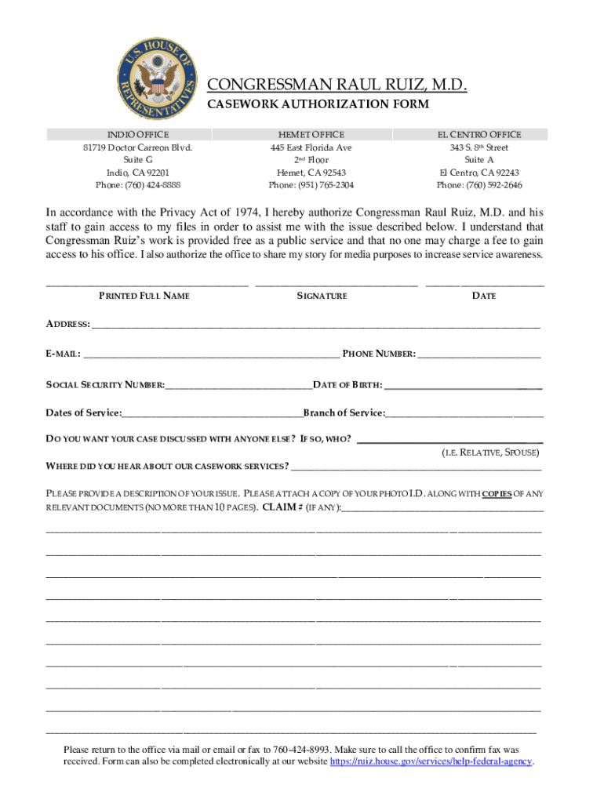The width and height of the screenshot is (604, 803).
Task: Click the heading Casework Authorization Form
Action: pyautogui.click(x=318, y=104)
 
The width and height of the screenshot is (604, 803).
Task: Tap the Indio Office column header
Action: pyautogui.click(x=138, y=135)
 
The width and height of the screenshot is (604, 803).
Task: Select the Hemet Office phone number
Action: pyautogui.click(x=311, y=186)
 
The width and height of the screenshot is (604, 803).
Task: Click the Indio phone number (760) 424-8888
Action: pyautogui.click(x=138, y=186)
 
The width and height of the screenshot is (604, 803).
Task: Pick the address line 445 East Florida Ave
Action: pyautogui.click(x=311, y=147)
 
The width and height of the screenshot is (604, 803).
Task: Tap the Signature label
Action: pyautogui.click(x=322, y=296)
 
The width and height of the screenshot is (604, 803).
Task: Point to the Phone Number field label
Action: pyautogui.click(x=379, y=354)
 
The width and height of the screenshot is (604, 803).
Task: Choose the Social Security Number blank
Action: pyautogui.click(x=238, y=386)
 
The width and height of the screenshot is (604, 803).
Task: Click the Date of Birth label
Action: pyautogui.click(x=347, y=385)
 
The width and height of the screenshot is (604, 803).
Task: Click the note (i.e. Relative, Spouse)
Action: pyautogui.click(x=490, y=453)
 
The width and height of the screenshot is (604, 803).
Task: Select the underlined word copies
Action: pyautogui.click(x=497, y=493)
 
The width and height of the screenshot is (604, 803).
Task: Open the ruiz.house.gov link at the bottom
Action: pyautogui.click(x=431, y=761)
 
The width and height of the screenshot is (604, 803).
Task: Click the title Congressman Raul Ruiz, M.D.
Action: pyautogui.click(x=337, y=85)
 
